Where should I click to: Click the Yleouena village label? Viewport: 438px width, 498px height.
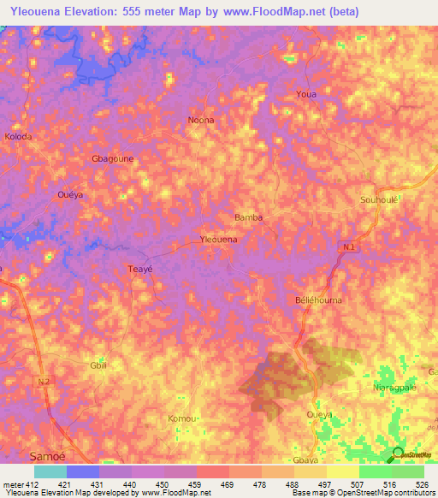pyautogui.click(x=218, y=240)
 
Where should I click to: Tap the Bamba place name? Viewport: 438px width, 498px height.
pyautogui.click(x=248, y=217)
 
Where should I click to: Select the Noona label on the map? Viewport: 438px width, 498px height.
pyautogui.click(x=201, y=120)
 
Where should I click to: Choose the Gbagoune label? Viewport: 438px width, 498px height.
pyautogui.click(x=112, y=159)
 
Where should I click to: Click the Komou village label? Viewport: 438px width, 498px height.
pyautogui.click(x=183, y=418)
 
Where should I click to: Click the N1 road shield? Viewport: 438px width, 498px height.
pyautogui.click(x=347, y=248)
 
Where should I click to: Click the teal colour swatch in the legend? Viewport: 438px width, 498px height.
pyautogui.click(x=50, y=471)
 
